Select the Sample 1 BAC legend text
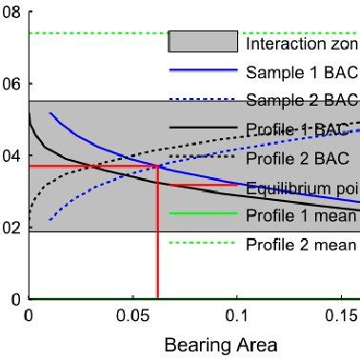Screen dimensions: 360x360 (301, 71)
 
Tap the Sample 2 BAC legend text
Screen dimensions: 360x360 (301, 100)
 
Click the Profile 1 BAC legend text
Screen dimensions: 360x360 (301, 129)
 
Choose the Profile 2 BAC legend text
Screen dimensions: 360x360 (301, 157)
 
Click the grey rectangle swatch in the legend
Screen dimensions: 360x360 (203, 42)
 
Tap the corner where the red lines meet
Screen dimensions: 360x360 (158, 166)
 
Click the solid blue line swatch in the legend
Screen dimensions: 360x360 (203, 70)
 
